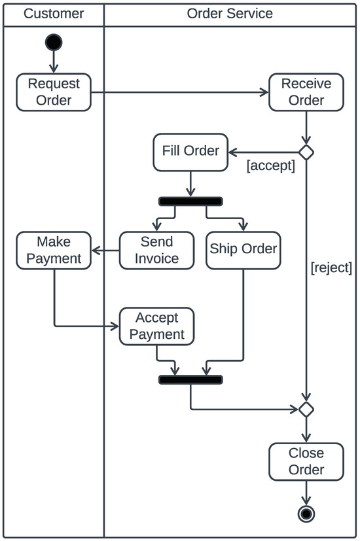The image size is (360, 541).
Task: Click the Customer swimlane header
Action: pyautogui.click(x=54, y=13)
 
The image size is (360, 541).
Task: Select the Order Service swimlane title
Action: pyautogui.click(x=230, y=13)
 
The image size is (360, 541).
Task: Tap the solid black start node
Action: pyautogui.click(x=54, y=43)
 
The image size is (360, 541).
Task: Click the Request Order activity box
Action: pyautogui.click(x=54, y=92)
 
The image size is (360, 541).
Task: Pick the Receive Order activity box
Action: pyautogui.click(x=306, y=92)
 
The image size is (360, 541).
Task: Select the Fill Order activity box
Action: pyautogui.click(x=190, y=151)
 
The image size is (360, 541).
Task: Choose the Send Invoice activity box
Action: pyautogui.click(x=156, y=250)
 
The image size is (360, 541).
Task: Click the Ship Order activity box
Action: pyautogui.click(x=243, y=249)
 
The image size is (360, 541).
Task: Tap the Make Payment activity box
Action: pyautogui.click(x=54, y=250)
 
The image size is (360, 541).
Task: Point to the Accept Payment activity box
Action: pyautogui.click(x=156, y=326)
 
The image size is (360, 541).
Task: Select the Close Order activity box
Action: pyautogui.click(x=306, y=461)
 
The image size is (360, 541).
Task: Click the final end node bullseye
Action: pyautogui.click(x=306, y=514)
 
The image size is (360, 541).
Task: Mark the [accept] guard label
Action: pyautogui.click(x=270, y=166)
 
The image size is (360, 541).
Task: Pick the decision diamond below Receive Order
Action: pyautogui.click(x=306, y=152)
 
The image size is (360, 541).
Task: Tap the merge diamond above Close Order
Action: pyautogui.click(x=306, y=410)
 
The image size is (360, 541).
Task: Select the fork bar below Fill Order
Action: pyautogui.click(x=190, y=201)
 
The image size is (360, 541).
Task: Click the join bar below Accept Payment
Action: pyautogui.click(x=190, y=379)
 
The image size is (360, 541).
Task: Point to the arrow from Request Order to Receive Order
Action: pyautogui.click(x=180, y=92)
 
